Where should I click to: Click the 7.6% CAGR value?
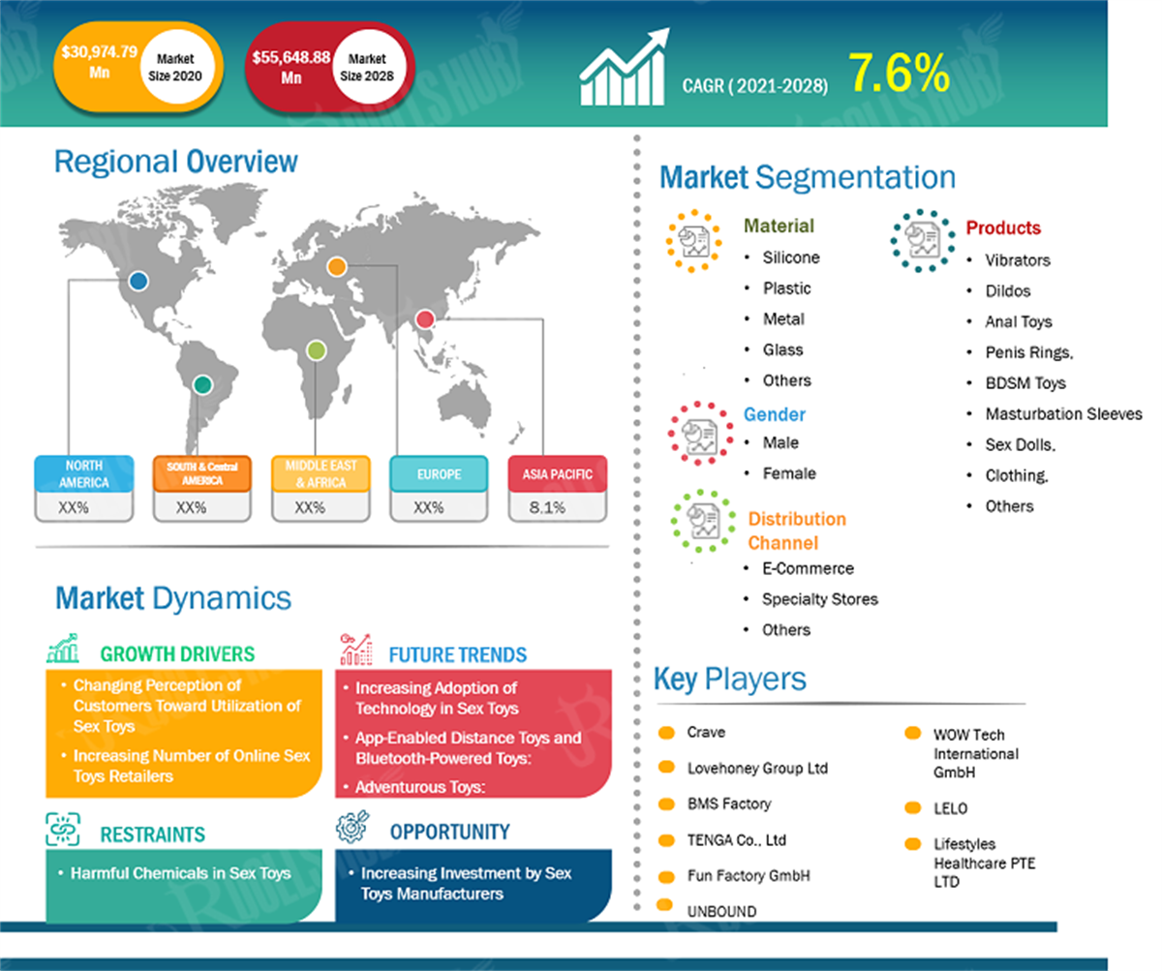[899, 73]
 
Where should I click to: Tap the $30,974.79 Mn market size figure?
[99, 62]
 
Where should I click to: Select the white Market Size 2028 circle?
[367, 67]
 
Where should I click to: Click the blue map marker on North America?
[138, 281]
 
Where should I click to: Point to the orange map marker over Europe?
[337, 267]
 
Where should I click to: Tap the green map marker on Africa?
[316, 350]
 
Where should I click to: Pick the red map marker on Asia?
[425, 319]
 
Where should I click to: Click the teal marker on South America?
[202, 384]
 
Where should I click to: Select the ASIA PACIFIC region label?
[557, 474]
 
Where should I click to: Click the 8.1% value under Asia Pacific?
[547, 507]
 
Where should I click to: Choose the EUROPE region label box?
[439, 474]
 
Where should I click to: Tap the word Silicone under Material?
[791, 258]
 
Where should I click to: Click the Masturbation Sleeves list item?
[1063, 414]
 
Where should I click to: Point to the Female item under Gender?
[789, 473]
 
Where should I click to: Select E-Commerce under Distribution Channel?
[808, 568]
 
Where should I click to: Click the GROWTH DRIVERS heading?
[177, 653]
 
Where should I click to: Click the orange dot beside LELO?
[913, 807]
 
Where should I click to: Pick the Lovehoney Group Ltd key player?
[757, 769]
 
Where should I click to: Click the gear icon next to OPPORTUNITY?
[352, 827]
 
